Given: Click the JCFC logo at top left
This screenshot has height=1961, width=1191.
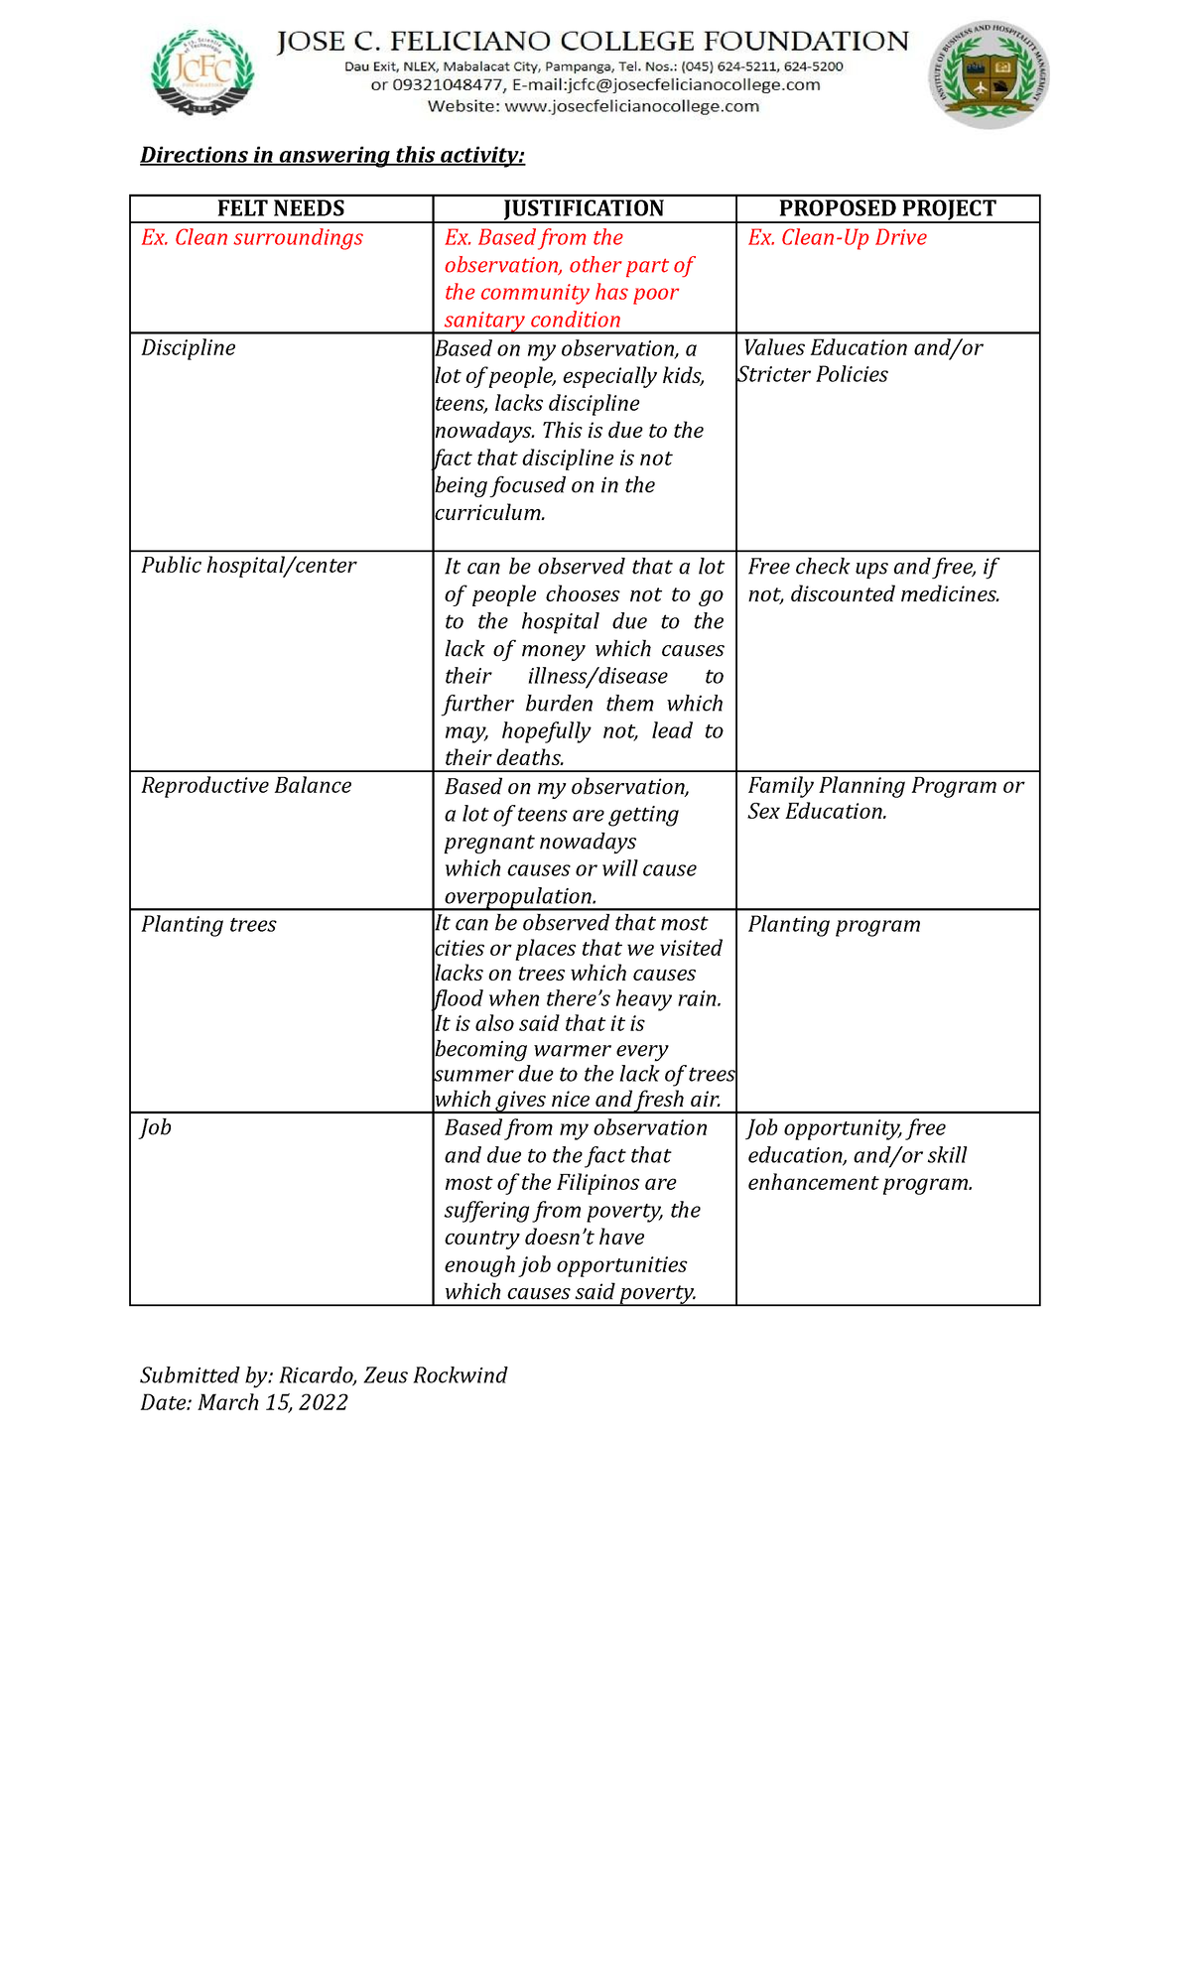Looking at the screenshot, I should (202, 72).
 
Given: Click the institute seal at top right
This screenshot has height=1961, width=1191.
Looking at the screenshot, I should (989, 75).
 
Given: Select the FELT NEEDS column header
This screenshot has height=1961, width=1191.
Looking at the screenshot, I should (281, 208).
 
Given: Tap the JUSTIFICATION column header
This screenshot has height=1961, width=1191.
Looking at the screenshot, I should (584, 208).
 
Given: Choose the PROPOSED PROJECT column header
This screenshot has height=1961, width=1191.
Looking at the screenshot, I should (887, 208).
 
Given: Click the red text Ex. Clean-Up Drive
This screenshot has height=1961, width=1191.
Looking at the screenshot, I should (837, 238).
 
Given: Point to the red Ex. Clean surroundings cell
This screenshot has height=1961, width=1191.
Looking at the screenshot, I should (252, 238).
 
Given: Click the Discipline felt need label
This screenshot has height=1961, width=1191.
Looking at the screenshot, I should (189, 348).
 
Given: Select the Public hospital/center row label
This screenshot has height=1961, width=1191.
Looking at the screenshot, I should (248, 566).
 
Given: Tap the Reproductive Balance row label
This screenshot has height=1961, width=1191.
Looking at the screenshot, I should (246, 786).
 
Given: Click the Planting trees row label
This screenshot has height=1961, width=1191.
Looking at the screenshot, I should (208, 925).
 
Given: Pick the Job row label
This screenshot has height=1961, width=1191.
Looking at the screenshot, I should (156, 1127).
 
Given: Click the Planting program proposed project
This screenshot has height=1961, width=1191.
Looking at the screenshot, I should (834, 925).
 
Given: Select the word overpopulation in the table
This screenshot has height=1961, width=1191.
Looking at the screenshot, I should (520, 896).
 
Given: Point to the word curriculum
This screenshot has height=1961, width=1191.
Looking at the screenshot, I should (489, 513).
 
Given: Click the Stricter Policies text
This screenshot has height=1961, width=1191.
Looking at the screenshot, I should (813, 375).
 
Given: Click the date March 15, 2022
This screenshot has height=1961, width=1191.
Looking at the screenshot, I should (273, 1402).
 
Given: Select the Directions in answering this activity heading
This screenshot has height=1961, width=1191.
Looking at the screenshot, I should (332, 155).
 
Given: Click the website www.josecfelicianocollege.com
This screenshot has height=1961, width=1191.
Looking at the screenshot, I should (631, 106).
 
